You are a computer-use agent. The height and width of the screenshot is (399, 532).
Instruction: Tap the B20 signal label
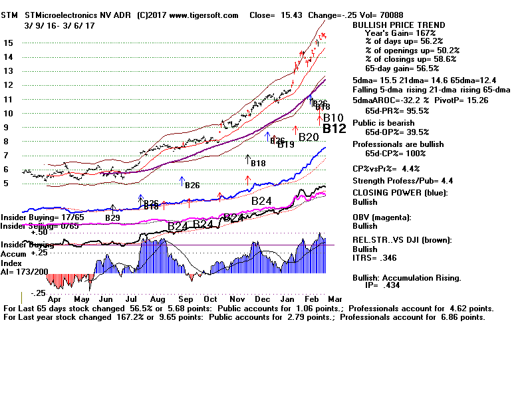[309, 138]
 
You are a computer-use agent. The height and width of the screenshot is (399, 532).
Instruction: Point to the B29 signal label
[112, 217]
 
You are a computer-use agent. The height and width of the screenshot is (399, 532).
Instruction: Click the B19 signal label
[286, 144]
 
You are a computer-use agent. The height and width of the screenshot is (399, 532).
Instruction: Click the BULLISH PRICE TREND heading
[399, 25]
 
